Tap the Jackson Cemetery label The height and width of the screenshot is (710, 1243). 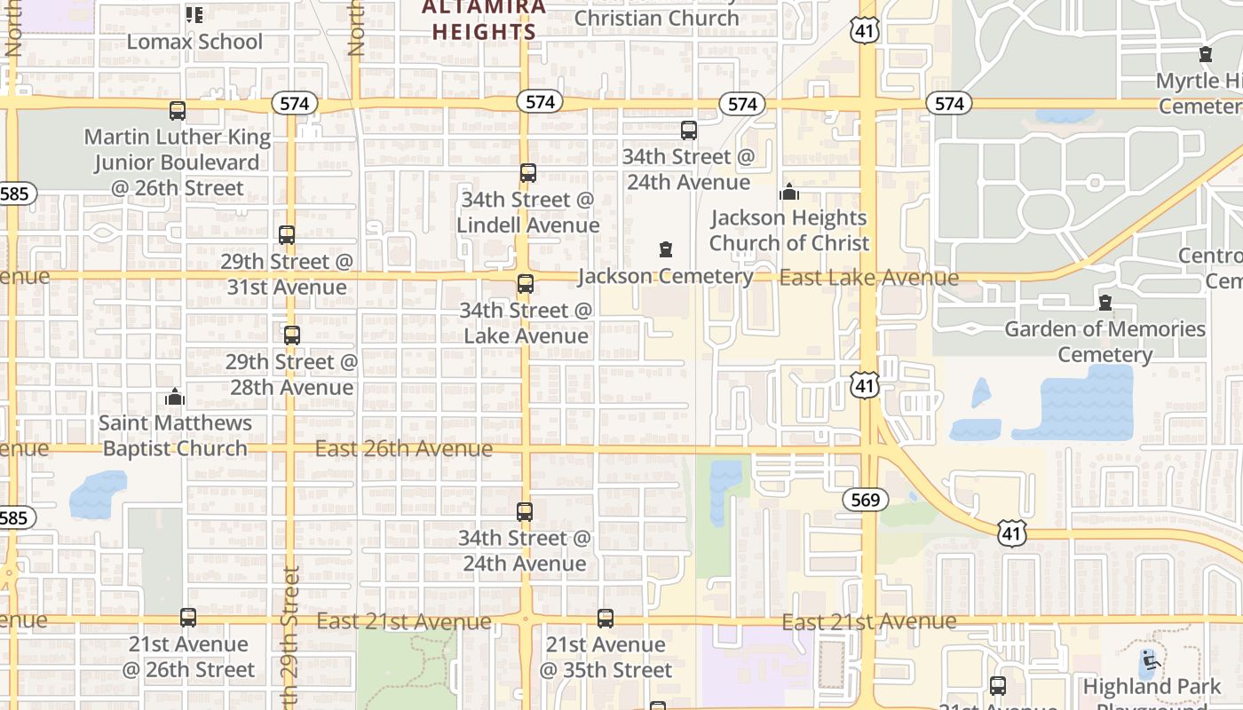(x=665, y=276)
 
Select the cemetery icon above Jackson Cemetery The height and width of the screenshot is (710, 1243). (x=666, y=249)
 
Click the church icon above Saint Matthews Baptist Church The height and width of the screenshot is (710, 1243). (x=175, y=396)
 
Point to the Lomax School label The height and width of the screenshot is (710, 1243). (x=194, y=42)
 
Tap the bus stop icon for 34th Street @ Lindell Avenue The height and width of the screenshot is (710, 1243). (x=528, y=172)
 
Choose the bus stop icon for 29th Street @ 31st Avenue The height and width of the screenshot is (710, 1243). (x=286, y=235)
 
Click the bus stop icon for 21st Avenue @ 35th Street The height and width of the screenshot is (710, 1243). (x=606, y=618)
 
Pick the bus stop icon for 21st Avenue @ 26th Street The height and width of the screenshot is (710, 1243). (x=188, y=617)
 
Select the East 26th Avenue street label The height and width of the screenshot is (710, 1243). (x=404, y=448)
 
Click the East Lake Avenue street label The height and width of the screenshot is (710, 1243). (x=869, y=278)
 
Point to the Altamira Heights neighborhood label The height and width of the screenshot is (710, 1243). (x=484, y=20)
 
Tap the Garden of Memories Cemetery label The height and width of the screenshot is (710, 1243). (x=1104, y=342)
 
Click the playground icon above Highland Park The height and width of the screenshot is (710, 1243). (x=1151, y=660)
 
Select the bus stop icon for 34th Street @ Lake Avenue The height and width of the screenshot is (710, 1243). (x=526, y=284)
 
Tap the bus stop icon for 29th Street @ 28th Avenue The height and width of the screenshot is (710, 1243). (x=291, y=335)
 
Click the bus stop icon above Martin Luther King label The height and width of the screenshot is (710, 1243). (x=178, y=111)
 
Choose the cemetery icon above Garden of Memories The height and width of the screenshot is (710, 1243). (x=1105, y=303)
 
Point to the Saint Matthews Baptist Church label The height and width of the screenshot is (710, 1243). (x=175, y=436)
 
